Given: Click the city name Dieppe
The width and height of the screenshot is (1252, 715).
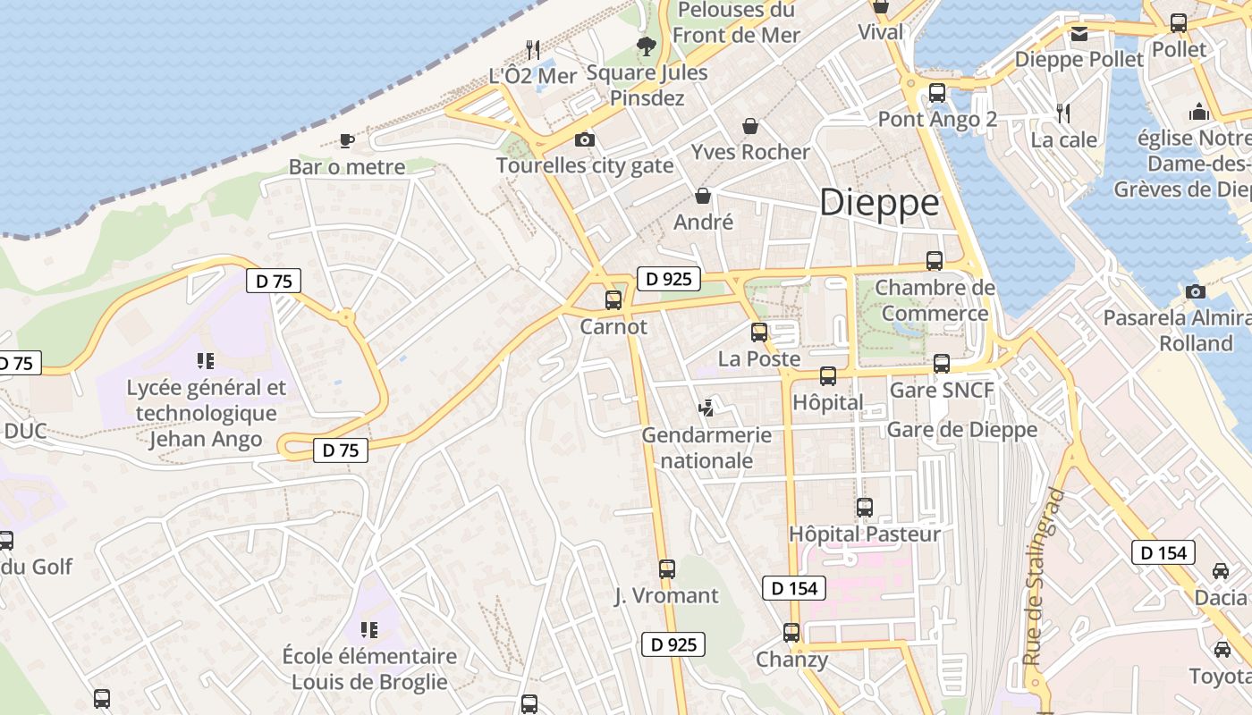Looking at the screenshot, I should pos(879,203).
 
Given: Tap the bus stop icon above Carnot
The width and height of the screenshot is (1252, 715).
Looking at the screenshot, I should pos(613,300).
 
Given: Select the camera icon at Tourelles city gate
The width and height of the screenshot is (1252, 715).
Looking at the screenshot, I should pos(585,139).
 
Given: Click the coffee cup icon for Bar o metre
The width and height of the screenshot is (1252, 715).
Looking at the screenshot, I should pos(347,140).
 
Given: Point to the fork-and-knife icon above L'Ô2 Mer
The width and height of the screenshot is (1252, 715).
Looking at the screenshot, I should pos(533,49).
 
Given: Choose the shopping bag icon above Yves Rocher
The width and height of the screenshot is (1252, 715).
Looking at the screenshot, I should pos(749,126).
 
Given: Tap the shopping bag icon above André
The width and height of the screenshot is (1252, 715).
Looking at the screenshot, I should pos(703,195).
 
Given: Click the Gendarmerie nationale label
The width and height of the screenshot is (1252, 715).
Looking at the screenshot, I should pos(706,448).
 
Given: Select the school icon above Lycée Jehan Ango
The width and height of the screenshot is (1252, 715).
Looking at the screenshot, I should pos(206,361).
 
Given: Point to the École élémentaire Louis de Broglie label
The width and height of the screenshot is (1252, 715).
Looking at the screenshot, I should pos(369,669).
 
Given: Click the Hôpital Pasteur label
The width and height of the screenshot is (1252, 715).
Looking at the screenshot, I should pos(865,534).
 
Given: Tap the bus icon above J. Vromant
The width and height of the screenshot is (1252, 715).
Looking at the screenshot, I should pos(666,568).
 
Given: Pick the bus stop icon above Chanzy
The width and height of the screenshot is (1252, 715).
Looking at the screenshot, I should pos(791,633).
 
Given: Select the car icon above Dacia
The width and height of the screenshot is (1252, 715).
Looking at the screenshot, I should pos(1221,570).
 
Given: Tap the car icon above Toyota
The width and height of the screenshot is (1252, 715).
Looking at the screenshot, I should pos(1222,649).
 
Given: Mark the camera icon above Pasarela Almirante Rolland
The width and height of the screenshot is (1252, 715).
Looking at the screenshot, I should pos(1195,291).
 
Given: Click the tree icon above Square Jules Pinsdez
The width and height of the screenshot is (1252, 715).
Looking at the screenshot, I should pos(646,46).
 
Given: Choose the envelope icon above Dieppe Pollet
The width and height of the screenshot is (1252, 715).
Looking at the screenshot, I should pos(1079,34).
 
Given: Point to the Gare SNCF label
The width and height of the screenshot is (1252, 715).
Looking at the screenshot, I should pos(942,390).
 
